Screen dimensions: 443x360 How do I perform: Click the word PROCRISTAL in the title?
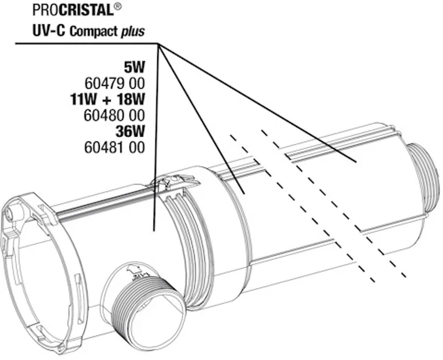coord(73,10)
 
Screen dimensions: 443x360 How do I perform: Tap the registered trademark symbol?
coord(118,7)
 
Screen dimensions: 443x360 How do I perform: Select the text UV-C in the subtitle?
coord(49,30)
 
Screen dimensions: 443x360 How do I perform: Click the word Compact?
coord(94,31)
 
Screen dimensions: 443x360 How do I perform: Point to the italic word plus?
coord(133,32)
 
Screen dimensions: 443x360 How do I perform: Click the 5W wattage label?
coord(134,67)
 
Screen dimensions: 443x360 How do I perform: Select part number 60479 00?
coord(115,84)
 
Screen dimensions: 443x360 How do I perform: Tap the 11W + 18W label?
coord(107,100)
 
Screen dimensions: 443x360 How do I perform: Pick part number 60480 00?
coord(115,115)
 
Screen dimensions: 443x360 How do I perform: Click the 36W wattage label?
coord(130,131)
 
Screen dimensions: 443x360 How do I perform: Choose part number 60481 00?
coord(115,147)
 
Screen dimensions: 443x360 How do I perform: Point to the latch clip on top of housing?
coord(174,182)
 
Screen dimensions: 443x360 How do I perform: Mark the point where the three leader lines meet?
coord(158,44)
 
